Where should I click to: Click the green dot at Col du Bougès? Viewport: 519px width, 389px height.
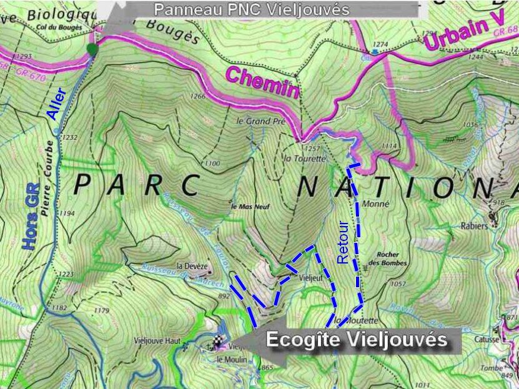point(92,48)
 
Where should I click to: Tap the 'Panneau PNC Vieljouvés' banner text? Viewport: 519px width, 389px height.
point(252,9)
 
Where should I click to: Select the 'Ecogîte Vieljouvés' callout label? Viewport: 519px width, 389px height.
point(357,340)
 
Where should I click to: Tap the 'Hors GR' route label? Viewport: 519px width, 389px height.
point(32,216)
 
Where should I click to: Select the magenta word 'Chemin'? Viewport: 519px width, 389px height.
point(262,84)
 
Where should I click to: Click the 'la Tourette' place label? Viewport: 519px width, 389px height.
point(305,159)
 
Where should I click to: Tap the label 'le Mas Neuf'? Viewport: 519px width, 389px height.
point(250,207)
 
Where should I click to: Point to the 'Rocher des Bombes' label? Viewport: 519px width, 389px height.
point(392,259)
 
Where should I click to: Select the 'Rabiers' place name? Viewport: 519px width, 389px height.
point(475,226)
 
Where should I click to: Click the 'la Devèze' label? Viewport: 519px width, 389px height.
point(192,265)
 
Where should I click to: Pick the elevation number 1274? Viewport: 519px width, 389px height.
point(380,44)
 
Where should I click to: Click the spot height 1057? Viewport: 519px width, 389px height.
point(398,284)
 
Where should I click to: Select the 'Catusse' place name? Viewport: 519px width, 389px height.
point(486,340)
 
